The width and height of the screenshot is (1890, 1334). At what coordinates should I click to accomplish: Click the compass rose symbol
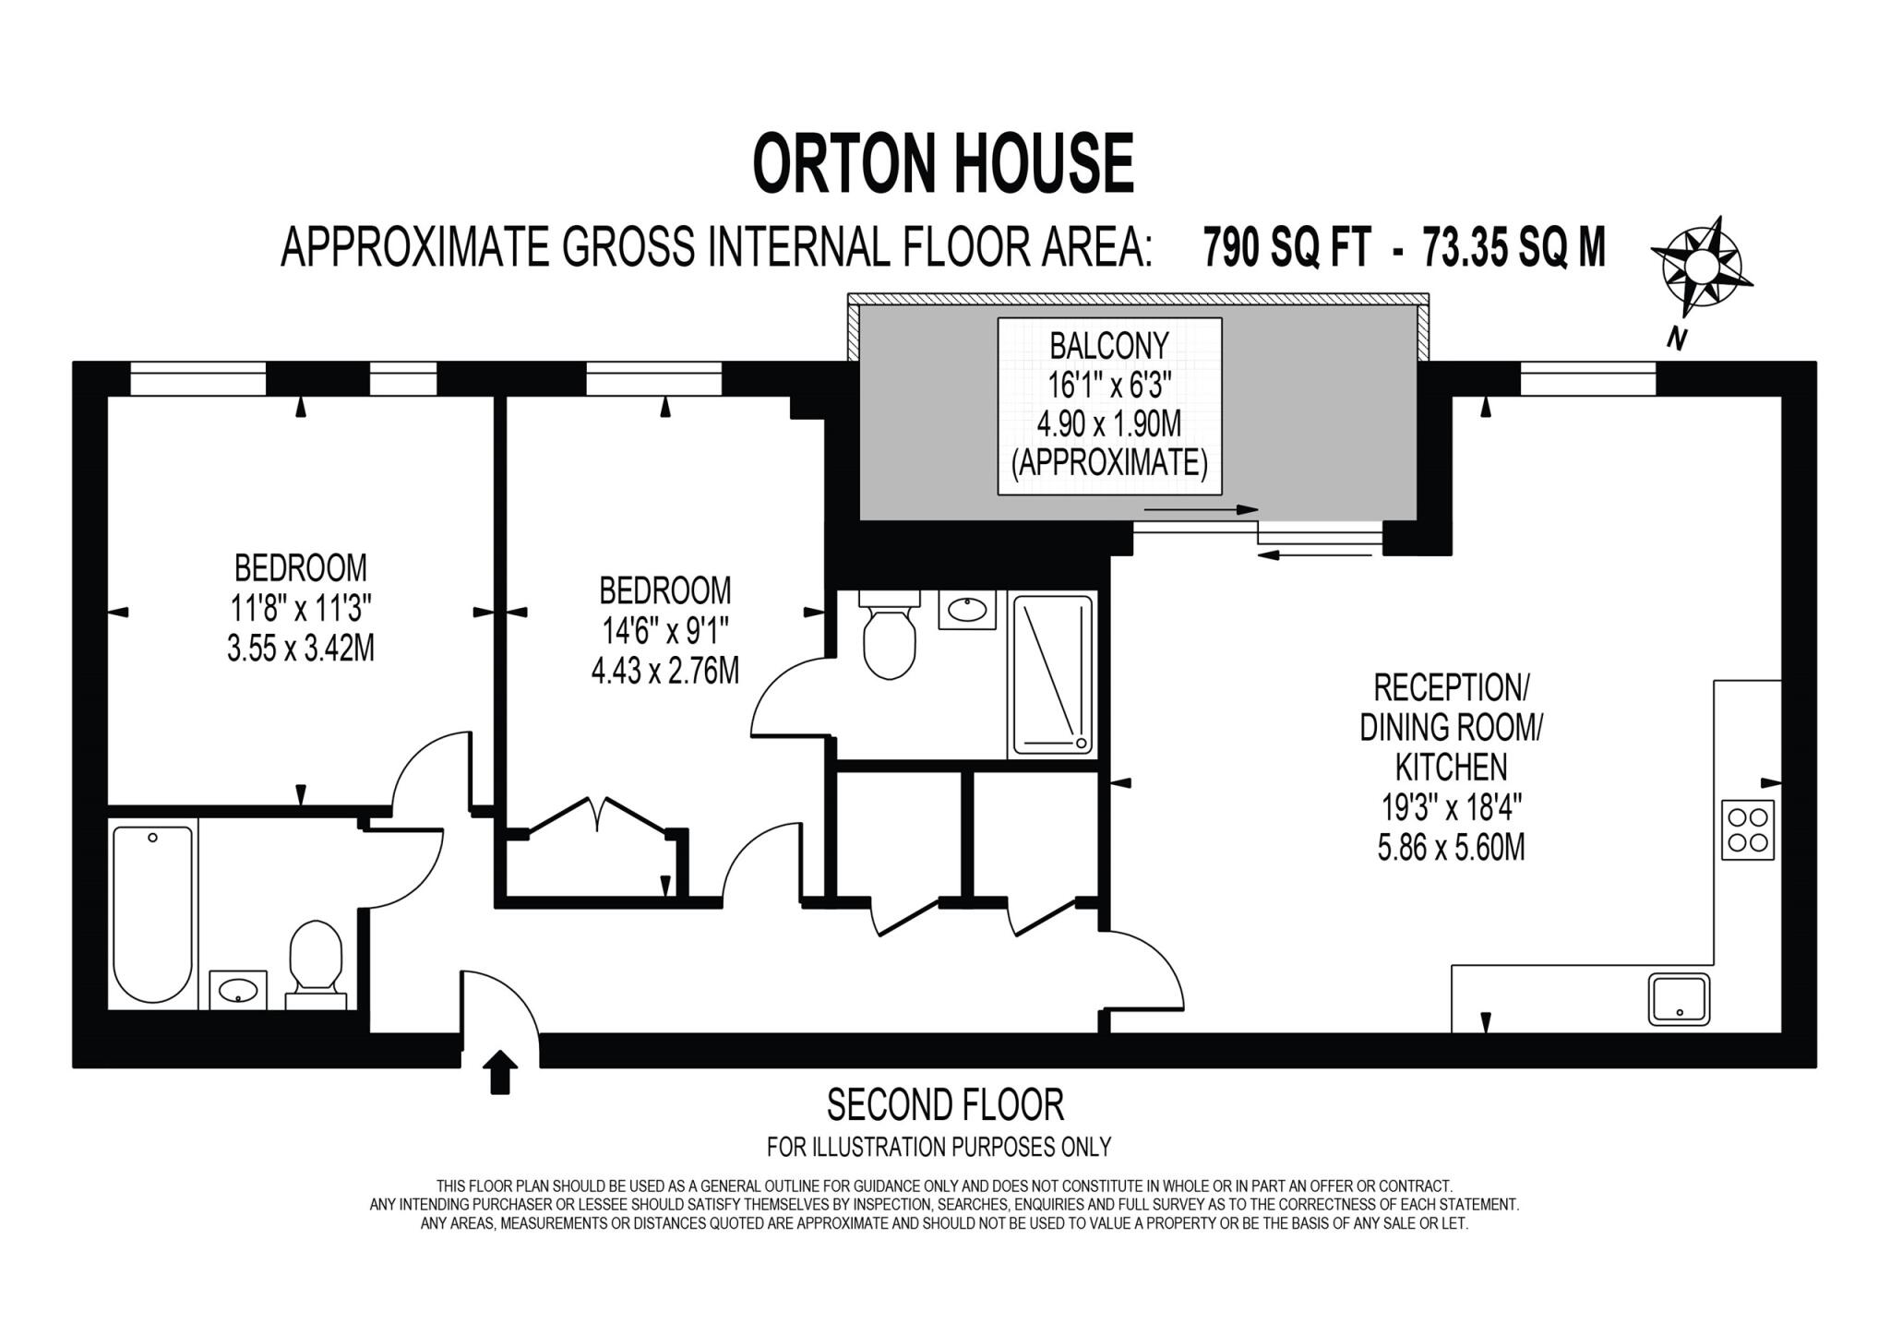1701,268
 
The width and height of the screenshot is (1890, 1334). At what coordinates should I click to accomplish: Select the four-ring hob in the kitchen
1747,829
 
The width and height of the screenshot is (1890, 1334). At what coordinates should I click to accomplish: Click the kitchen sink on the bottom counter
1679,999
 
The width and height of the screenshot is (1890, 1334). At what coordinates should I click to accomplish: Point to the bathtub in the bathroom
153,913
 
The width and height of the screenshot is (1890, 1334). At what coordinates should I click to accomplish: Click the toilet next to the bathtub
316,964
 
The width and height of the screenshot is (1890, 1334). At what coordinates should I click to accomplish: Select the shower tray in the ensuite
1053,675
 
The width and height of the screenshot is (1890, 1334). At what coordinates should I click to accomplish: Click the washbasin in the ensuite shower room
967,610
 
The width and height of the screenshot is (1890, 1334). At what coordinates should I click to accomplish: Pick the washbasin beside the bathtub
238,990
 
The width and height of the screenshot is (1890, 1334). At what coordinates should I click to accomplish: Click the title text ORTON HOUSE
943,163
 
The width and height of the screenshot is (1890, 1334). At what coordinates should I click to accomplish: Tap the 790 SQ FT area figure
1286,248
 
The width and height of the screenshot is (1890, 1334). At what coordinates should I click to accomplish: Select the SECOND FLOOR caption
945,1104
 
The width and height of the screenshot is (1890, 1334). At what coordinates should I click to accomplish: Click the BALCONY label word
1109,346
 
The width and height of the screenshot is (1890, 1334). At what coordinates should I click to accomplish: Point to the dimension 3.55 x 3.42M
301,649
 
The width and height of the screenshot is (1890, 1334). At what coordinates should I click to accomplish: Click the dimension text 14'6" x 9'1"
665,631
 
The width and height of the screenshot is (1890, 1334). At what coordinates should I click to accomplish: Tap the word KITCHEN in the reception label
1451,767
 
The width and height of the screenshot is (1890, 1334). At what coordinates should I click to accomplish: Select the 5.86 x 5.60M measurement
1451,847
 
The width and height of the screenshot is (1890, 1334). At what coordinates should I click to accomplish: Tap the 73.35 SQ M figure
1513,248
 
